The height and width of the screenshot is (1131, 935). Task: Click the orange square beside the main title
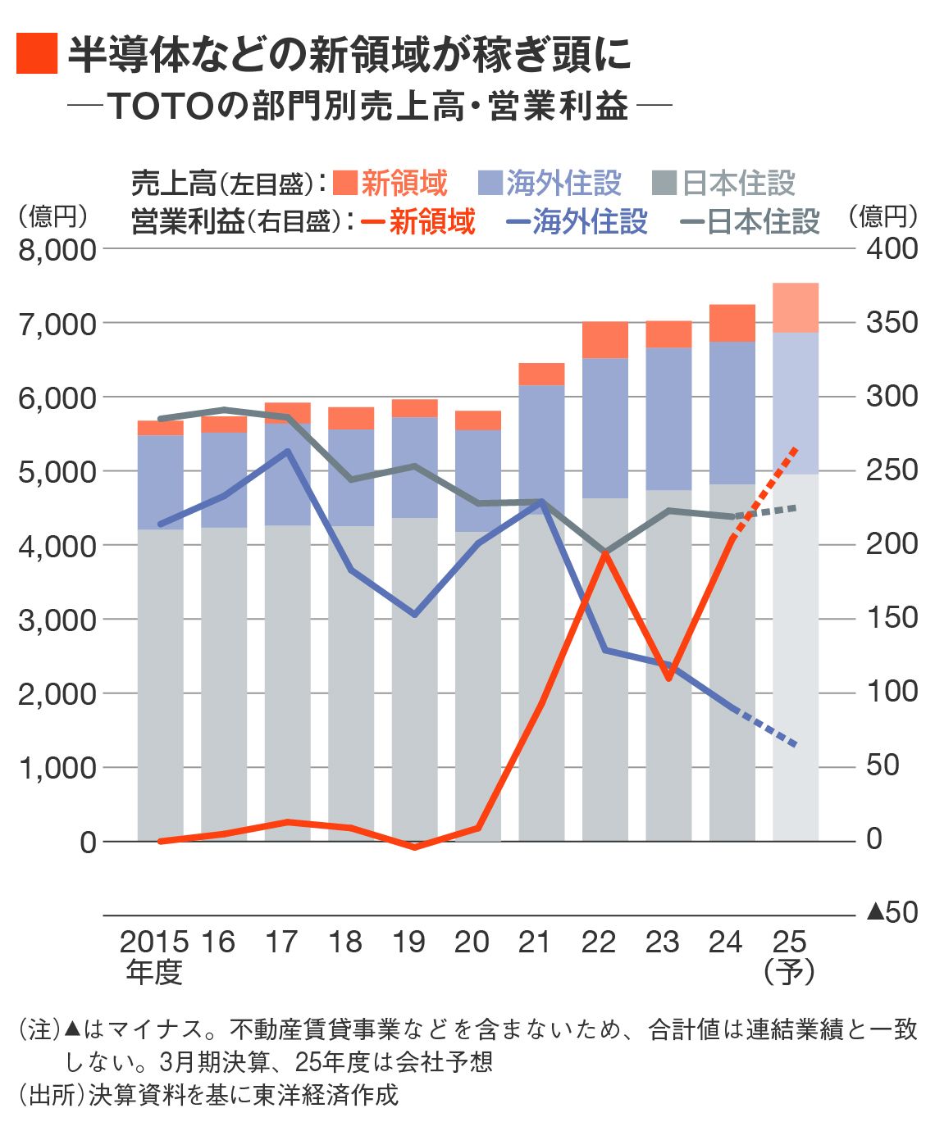[37, 54]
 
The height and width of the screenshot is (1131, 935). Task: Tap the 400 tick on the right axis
[892, 248]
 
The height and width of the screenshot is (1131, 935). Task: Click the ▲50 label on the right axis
[892, 912]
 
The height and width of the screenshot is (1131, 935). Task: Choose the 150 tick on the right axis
[892, 618]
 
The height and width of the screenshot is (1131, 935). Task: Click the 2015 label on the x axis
[153, 942]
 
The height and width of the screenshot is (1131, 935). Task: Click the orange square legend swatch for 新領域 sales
[345, 183]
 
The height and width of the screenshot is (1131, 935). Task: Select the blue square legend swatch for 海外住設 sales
[490, 183]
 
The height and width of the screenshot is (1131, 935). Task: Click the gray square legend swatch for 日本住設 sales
[664, 183]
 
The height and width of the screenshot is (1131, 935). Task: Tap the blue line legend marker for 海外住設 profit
[517, 222]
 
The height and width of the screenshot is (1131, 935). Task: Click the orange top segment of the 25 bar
[796, 307]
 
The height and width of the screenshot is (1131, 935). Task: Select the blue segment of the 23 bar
[668, 419]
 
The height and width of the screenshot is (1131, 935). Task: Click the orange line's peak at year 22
[605, 554]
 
